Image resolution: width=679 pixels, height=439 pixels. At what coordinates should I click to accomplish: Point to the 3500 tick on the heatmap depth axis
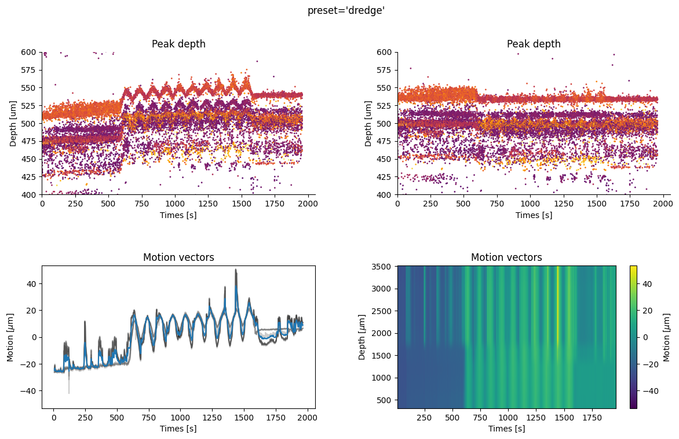(x=384, y=266)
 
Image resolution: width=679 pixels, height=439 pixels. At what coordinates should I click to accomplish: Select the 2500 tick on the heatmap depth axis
(x=384, y=311)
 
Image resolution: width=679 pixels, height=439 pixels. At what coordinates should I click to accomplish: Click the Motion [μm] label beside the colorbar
(x=666, y=337)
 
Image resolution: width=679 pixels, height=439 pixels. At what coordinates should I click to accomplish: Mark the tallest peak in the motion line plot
(x=236, y=270)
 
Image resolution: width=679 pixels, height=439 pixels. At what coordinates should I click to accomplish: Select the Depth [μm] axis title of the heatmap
(x=363, y=337)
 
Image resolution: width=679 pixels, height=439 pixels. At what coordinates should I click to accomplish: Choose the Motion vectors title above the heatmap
(x=506, y=257)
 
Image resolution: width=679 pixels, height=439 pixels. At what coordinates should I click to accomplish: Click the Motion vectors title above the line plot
(x=178, y=257)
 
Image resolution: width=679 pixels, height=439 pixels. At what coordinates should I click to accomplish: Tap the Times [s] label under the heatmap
(x=506, y=429)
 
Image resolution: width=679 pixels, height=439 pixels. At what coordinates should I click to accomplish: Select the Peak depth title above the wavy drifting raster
(x=178, y=44)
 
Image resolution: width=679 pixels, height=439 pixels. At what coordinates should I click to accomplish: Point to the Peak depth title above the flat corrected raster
(x=534, y=44)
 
